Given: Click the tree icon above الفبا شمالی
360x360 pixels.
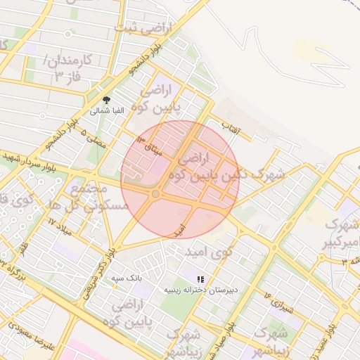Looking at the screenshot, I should click(106, 100).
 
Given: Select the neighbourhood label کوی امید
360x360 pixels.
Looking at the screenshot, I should click(209, 251).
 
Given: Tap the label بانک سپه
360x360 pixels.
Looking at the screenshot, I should click(127, 278).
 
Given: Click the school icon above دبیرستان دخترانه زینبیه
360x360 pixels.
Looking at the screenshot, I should click(201, 278).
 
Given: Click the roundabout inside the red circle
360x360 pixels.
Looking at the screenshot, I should click(155, 193).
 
